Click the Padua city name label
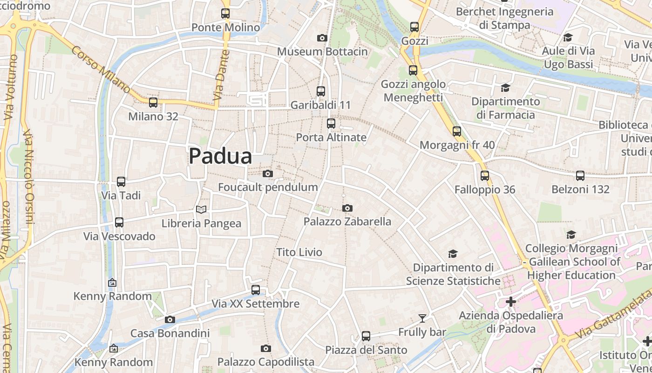220,156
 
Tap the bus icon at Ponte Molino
225,14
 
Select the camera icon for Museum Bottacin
322,38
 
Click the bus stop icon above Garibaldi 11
320,91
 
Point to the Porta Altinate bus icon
331,124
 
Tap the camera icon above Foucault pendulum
267,173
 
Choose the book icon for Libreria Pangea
201,210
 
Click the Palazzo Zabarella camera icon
347,208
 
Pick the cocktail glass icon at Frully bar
422,318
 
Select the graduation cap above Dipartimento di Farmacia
505,88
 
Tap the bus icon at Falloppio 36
485,176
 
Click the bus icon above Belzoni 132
580,176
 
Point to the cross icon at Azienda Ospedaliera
511,302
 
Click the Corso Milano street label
101,69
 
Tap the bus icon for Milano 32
153,103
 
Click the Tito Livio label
299,252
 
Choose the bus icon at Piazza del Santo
366,336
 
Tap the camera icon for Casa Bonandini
170,319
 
